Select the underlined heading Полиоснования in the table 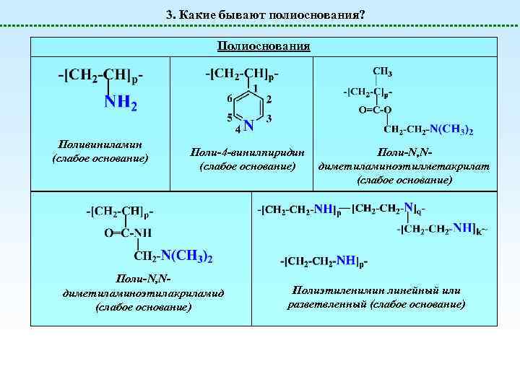(264, 46)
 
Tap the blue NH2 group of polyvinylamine (121, 103)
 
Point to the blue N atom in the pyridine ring (248, 125)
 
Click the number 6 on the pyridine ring (230, 98)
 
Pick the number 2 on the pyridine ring (269, 99)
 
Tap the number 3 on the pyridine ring (269, 118)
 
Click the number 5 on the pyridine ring (230, 117)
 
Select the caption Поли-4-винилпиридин (247, 153)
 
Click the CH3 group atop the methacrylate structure (383, 71)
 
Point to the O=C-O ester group (375, 110)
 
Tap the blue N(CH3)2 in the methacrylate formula (451, 130)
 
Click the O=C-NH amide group (128, 233)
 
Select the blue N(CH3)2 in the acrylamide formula (186, 256)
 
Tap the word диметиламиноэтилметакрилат (404, 166)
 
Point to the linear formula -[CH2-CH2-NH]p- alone (324, 261)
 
